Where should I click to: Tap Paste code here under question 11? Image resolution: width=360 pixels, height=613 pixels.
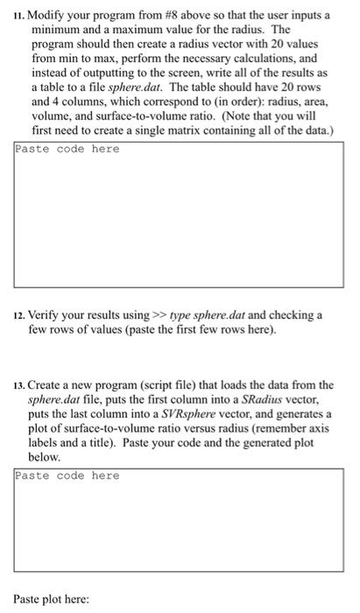tap(67, 149)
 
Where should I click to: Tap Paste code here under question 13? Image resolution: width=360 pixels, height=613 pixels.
tap(67, 476)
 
